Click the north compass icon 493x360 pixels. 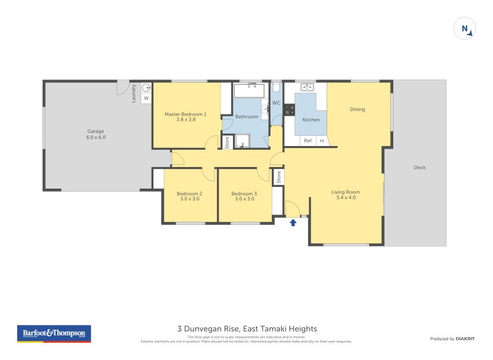465,29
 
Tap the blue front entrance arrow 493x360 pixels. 293,222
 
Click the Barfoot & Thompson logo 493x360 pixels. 54,333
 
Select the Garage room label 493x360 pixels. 96,134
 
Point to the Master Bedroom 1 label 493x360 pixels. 185,117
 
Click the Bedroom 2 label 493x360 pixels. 189,197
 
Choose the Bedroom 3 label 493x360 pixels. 244,197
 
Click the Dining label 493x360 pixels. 357,109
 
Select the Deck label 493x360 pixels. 420,167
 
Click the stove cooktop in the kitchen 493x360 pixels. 289,110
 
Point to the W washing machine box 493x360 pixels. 146,98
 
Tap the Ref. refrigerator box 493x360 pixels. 308,141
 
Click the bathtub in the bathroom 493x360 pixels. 249,91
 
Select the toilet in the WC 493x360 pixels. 276,91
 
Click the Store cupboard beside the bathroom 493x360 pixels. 227,142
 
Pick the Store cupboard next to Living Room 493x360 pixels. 278,178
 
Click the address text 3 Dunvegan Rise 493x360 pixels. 246,329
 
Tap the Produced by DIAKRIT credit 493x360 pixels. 455,338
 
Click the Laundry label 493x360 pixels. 134,93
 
